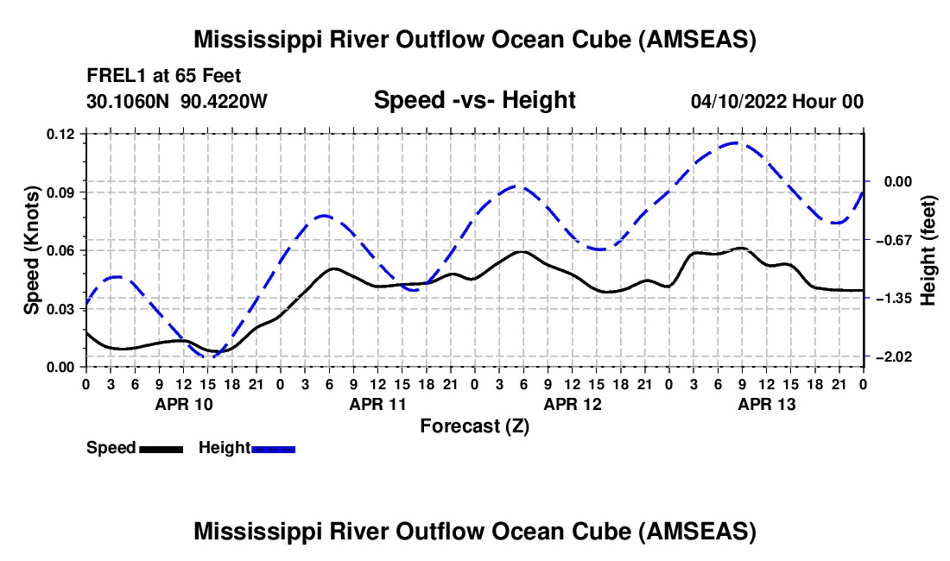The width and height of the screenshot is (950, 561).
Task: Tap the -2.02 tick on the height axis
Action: (x=890, y=356)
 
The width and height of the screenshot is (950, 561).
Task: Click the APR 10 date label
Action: (x=183, y=404)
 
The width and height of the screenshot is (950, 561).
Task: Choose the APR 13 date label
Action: (x=766, y=404)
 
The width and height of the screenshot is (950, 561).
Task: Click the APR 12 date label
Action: (x=572, y=404)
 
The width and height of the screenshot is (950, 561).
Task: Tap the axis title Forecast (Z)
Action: (x=474, y=425)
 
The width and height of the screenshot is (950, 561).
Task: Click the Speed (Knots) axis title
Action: (x=32, y=249)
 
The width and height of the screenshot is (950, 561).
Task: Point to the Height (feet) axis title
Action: (x=929, y=249)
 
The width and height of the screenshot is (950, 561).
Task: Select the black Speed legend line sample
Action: (x=161, y=448)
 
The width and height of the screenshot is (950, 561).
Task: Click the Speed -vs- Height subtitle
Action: (x=474, y=100)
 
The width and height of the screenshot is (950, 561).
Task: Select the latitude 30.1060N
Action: (x=130, y=101)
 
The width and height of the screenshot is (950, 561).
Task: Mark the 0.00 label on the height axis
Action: (x=893, y=181)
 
